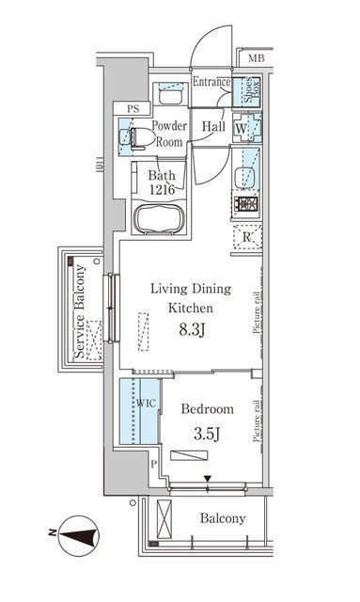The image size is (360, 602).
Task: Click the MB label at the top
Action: pyautogui.click(x=256, y=58)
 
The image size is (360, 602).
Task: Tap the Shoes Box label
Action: pyautogui.click(x=252, y=90)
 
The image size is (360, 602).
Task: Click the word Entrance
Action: pyautogui.click(x=211, y=82)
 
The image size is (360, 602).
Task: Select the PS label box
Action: pyautogui.click(x=133, y=109)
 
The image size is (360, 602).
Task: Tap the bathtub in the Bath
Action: pyautogui.click(x=159, y=219)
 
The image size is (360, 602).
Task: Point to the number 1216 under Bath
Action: pyautogui.click(x=162, y=189)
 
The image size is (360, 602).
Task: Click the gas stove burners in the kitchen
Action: pyautogui.click(x=245, y=204)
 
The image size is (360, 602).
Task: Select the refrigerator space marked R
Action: pyautogui.click(x=247, y=237)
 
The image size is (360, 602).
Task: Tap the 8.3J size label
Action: pyautogui.click(x=192, y=330)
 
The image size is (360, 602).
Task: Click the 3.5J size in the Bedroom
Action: pyautogui.click(x=207, y=434)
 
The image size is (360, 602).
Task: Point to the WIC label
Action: pyautogui.click(x=146, y=404)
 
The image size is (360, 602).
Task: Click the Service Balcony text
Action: pyautogui.click(x=80, y=311)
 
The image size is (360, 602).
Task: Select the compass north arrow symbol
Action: pyautogui.click(x=79, y=535)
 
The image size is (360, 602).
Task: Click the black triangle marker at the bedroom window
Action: pyautogui.click(x=208, y=479)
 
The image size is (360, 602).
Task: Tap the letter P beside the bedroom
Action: pyautogui.click(x=154, y=464)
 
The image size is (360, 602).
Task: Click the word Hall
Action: pyautogui.click(x=213, y=126)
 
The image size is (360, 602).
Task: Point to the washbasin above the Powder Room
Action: pyautogui.click(x=170, y=97)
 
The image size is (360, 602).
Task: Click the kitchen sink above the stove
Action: pyautogui.click(x=245, y=178)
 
